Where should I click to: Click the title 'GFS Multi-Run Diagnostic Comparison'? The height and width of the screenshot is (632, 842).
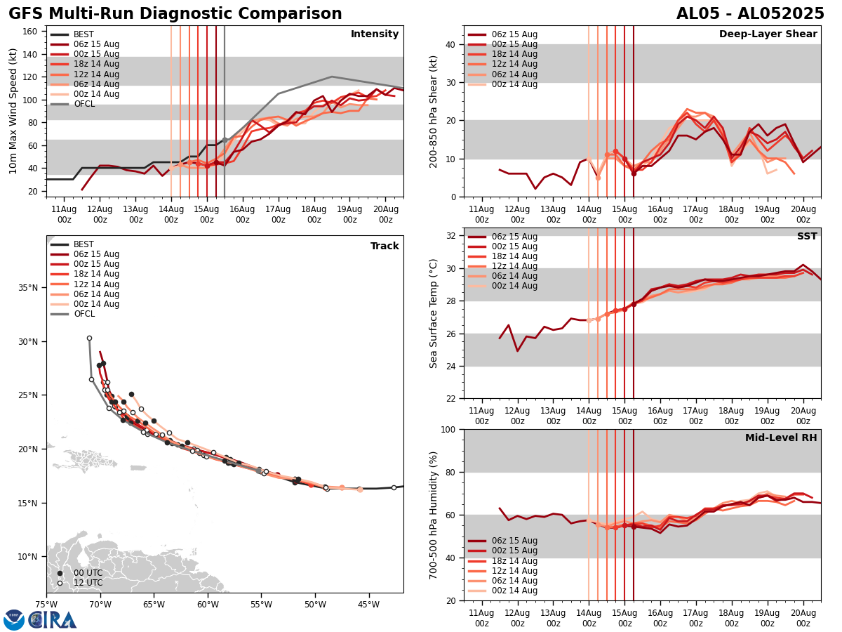tap(175, 14)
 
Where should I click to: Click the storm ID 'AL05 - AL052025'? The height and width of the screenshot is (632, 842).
tap(750, 14)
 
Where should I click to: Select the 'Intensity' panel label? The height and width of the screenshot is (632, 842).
tap(375, 34)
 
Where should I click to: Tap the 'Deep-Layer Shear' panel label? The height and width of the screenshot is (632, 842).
tap(768, 34)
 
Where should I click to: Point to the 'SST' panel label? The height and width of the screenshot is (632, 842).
tap(806, 237)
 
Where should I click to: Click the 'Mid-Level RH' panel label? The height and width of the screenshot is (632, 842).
tap(781, 438)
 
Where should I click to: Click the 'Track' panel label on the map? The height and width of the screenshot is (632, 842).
tap(385, 246)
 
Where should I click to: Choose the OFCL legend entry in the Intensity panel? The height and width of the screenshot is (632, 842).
tap(83, 104)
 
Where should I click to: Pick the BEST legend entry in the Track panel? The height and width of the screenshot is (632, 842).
tap(83, 244)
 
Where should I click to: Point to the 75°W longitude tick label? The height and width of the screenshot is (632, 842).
tap(46, 604)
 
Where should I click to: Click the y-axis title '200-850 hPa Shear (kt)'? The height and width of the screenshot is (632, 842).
tap(434, 111)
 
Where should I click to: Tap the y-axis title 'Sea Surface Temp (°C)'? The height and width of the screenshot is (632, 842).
tap(434, 313)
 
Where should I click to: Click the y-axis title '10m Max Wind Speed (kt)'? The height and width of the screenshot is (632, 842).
tap(14, 111)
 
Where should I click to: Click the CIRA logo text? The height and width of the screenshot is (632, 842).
tap(53, 619)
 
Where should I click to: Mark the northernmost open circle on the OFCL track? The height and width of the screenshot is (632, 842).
tap(89, 338)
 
